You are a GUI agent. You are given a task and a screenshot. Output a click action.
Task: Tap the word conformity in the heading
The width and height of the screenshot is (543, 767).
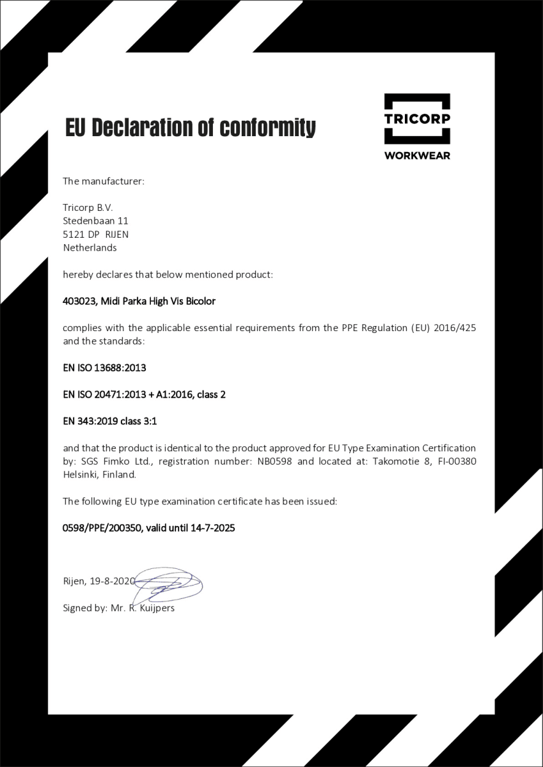(x=267, y=128)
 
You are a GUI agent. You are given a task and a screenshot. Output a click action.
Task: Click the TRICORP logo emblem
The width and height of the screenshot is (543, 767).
(x=417, y=119)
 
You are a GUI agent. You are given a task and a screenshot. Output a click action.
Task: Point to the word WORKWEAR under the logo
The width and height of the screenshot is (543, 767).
(x=417, y=155)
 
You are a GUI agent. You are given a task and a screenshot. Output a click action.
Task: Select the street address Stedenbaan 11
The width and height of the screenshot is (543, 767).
(x=96, y=221)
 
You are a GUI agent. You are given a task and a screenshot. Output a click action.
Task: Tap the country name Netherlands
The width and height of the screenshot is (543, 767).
(x=90, y=247)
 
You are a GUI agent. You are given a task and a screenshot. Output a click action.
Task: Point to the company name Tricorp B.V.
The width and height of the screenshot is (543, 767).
(x=88, y=207)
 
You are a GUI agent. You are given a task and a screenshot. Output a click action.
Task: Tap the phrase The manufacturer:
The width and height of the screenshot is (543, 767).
(x=104, y=181)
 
